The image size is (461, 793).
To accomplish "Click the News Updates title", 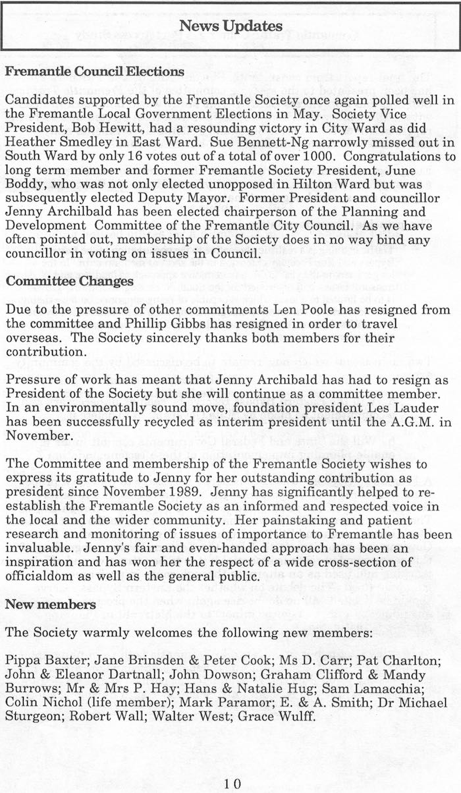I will pos(230,26).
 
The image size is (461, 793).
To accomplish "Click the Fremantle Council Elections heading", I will pos(94,71).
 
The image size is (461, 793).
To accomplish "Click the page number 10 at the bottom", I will pos(232,783).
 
